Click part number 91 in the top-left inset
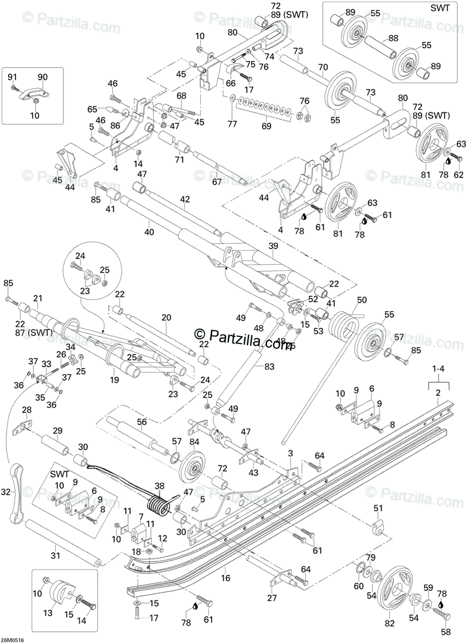point(12,76)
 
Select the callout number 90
point(42,76)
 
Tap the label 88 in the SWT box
point(393,38)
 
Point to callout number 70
point(323,68)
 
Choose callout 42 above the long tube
point(185,199)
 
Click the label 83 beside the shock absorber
point(268,367)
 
